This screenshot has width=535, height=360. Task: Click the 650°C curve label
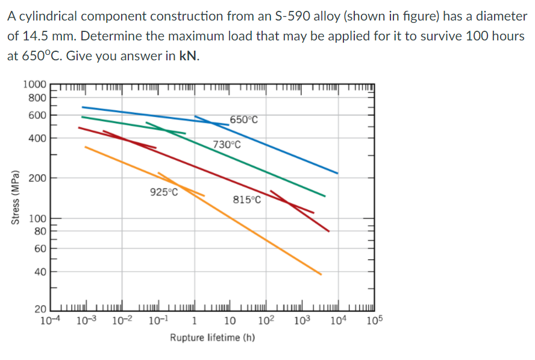244,119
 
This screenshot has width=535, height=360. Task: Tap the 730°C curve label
227,145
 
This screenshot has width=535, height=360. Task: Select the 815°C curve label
247,200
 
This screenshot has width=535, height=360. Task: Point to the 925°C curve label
164,192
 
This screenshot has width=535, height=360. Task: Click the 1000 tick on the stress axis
34,85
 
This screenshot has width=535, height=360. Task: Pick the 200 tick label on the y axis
39,178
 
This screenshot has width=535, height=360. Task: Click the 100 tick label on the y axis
39,218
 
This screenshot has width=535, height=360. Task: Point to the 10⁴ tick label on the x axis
339,320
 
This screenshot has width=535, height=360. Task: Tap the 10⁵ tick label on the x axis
374,320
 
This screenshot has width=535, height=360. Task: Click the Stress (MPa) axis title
14,199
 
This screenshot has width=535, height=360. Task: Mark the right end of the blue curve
337,173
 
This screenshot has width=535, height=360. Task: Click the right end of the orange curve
321,274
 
